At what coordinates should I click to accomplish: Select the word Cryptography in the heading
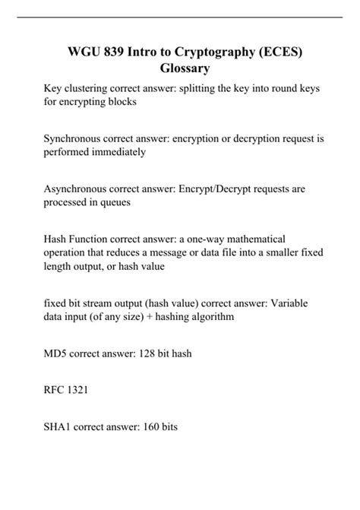[x=209, y=52]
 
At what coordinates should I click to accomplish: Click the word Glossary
[x=179, y=68]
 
